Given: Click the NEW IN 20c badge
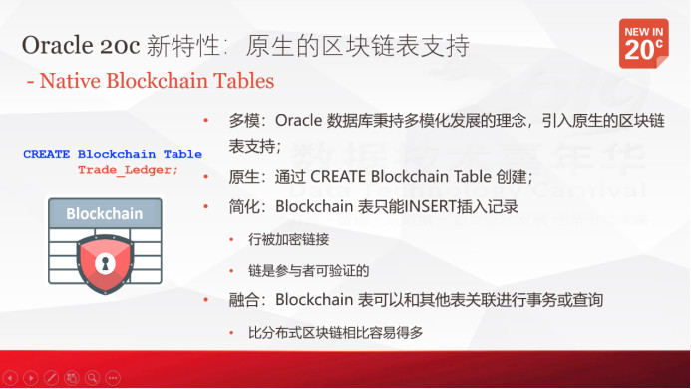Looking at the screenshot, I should pos(643,42).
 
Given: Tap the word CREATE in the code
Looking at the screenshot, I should pos(47,155).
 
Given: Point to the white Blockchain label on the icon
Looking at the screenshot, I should pos(104,213).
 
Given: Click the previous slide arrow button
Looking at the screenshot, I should pos(10,379).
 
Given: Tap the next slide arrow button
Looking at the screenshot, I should pos(31,379).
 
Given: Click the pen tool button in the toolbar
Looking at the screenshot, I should pos(52,379).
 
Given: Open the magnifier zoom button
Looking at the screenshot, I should pos(92,379).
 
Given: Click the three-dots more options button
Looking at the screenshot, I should pos(112,379).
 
